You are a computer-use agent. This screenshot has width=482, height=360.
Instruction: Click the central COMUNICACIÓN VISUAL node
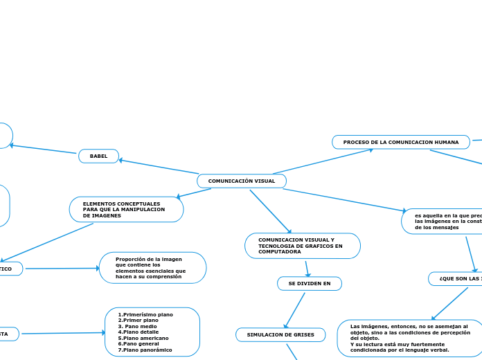point(242,181)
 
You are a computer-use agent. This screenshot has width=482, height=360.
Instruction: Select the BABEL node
point(99,156)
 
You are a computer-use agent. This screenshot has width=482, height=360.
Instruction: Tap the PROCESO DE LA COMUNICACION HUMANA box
point(401,142)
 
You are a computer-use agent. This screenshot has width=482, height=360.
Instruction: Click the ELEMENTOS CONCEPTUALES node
point(126,210)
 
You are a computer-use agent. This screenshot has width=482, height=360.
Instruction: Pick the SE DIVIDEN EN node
point(309,284)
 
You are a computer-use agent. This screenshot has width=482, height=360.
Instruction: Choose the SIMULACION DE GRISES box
point(280,335)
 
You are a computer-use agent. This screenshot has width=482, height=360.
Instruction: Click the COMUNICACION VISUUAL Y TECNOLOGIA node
point(302,246)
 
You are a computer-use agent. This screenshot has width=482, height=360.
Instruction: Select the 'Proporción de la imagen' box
point(152,268)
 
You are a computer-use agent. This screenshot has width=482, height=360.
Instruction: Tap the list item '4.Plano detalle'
point(139,332)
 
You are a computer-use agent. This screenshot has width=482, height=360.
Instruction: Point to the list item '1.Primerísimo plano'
point(145,314)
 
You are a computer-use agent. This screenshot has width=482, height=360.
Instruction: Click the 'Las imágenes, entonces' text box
point(409,338)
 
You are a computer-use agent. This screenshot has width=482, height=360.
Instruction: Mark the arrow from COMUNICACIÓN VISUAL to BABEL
point(159,167)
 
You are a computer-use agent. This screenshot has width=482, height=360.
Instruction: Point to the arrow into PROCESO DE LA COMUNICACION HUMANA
point(323,161)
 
